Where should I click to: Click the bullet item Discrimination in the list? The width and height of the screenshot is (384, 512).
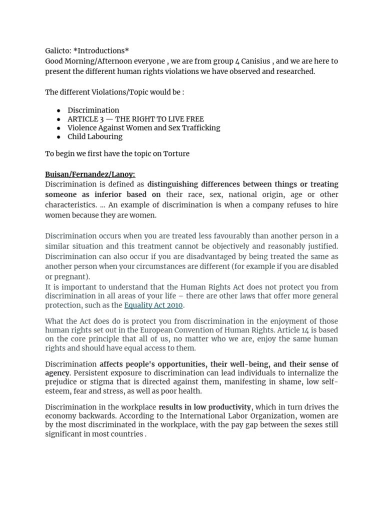click(93, 110)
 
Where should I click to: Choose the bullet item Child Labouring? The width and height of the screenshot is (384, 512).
click(95, 136)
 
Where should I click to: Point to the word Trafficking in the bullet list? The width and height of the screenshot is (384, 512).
click(199, 127)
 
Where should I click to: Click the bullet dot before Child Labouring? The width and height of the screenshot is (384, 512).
click(58, 137)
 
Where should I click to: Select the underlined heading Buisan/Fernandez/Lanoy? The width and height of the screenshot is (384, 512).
click(90, 174)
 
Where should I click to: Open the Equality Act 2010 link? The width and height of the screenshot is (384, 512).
click(154, 305)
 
